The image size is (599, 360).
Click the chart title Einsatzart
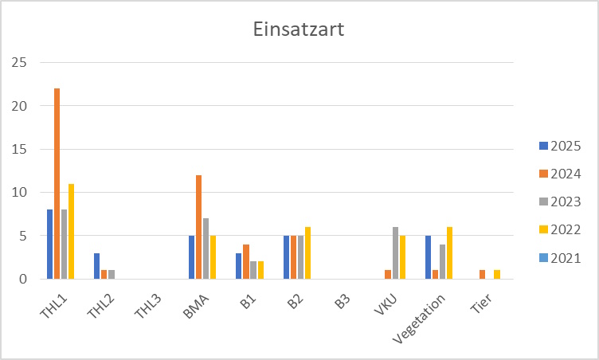coord(299,30)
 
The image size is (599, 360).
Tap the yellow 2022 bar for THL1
coord(71,231)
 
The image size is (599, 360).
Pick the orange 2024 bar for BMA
coord(198,227)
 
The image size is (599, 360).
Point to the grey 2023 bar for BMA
coord(206,248)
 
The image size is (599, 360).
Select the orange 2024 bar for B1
coord(245,261)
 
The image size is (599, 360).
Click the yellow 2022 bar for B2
coord(307,253)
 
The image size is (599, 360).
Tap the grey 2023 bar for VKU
coord(395,253)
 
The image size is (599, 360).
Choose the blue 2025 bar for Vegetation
coord(428,257)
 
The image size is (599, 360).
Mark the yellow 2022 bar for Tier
coord(496,275)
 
